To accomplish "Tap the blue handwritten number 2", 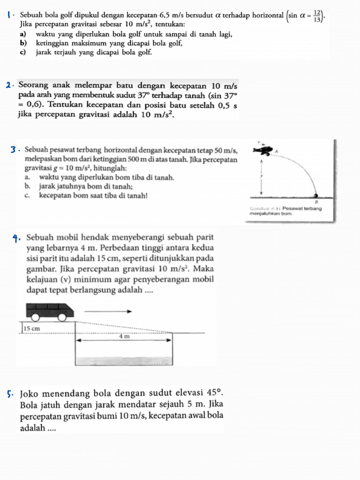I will (9, 86).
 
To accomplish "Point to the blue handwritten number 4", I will (16, 237).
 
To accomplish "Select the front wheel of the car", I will (62, 317).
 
